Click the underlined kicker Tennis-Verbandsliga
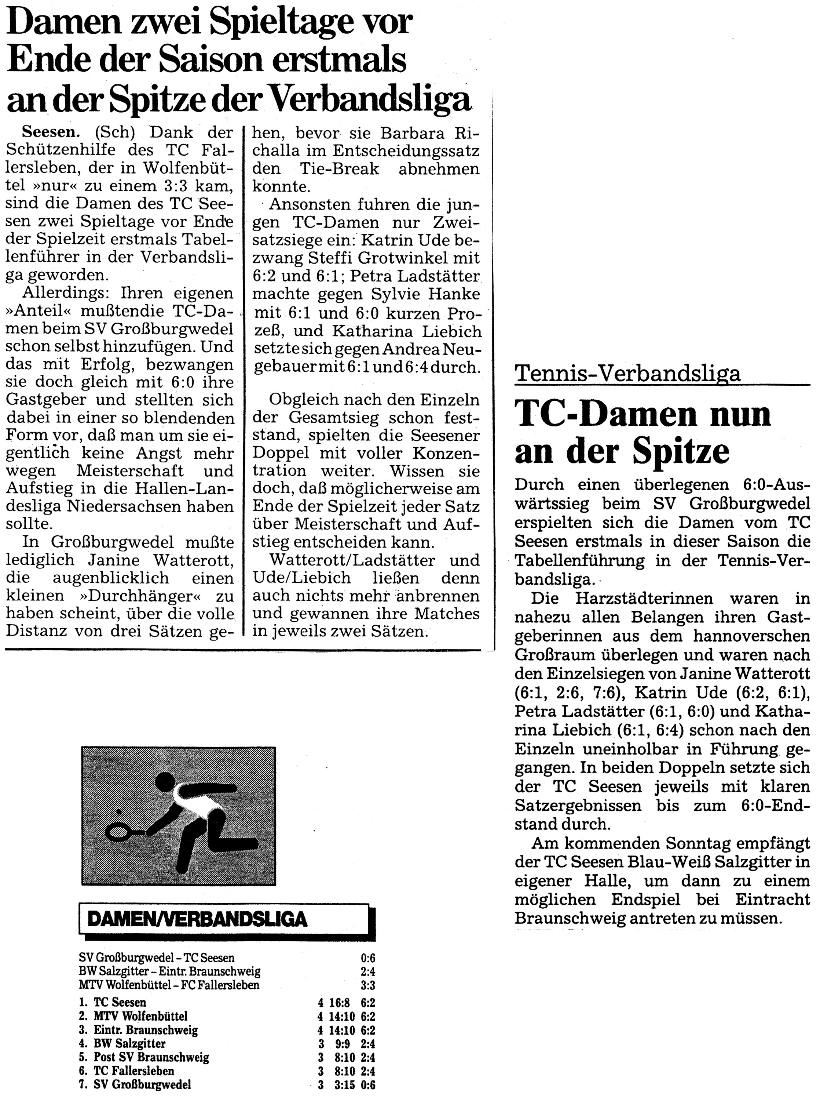[x=627, y=373]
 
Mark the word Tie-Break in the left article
[x=340, y=168]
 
